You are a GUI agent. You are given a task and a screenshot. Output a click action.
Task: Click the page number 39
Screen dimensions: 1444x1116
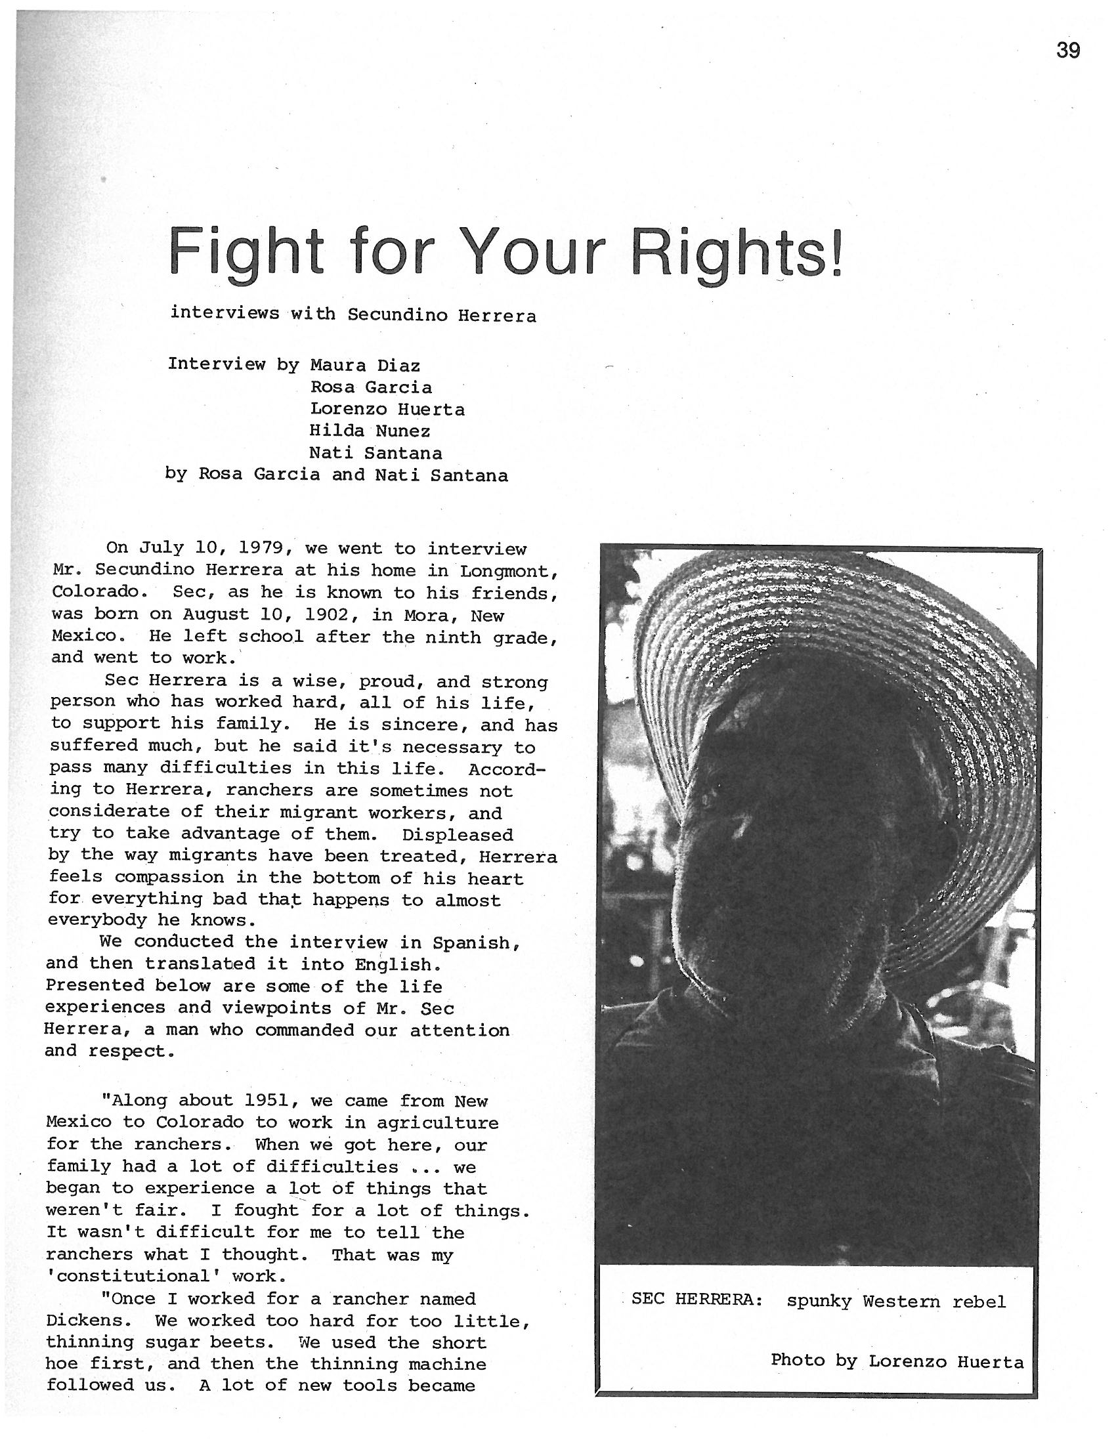[x=1067, y=51]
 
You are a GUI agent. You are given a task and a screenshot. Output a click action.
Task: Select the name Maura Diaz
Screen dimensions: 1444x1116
[x=365, y=365]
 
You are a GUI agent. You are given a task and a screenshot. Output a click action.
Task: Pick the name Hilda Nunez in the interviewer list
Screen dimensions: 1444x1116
[x=370, y=431]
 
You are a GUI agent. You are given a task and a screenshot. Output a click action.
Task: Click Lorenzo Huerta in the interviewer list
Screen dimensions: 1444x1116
[x=387, y=410]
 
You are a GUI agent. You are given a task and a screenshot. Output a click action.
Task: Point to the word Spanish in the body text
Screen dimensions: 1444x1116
[x=471, y=943]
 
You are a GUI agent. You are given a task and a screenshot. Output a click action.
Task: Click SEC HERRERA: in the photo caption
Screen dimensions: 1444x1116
[x=697, y=1299]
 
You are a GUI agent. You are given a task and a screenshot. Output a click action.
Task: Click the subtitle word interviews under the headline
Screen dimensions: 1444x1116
[x=224, y=312]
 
